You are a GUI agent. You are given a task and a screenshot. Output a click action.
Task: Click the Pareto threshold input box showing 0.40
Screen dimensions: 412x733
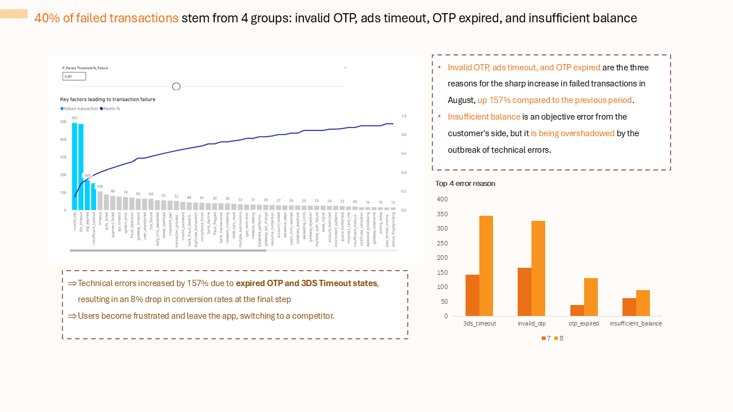pyautogui.click(x=74, y=76)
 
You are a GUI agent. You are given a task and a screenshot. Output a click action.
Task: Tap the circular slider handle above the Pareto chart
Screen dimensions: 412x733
pyautogui.click(x=176, y=86)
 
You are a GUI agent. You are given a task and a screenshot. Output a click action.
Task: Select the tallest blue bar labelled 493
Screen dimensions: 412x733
pyautogui.click(x=74, y=166)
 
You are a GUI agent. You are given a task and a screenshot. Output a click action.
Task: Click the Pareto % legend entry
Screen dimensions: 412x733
pyautogui.click(x=110, y=108)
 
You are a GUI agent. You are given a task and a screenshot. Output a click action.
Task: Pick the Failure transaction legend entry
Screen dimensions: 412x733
pyautogui.click(x=79, y=108)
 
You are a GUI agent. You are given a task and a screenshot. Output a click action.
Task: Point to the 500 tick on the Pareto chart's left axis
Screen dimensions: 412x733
pyautogui.click(x=63, y=122)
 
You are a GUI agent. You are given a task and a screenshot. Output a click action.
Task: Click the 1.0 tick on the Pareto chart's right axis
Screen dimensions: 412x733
pyautogui.click(x=404, y=116)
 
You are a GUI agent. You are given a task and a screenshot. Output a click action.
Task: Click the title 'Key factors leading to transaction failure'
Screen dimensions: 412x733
pyautogui.click(x=108, y=99)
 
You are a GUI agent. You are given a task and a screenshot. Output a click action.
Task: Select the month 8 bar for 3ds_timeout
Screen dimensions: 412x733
pyautogui.click(x=486, y=266)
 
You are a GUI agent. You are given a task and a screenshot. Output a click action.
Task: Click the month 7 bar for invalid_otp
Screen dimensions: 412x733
pyautogui.click(x=525, y=292)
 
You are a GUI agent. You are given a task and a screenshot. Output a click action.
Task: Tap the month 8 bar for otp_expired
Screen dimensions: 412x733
pyautogui.click(x=591, y=297)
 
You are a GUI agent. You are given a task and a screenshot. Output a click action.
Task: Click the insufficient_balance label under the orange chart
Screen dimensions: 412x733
pyautogui.click(x=636, y=323)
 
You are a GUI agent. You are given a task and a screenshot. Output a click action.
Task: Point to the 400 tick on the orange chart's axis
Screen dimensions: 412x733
pyautogui.click(x=442, y=199)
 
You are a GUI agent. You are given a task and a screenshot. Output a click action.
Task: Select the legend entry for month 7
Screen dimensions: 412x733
pyautogui.click(x=546, y=338)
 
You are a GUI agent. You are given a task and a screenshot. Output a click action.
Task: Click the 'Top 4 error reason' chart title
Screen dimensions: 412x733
pyautogui.click(x=465, y=184)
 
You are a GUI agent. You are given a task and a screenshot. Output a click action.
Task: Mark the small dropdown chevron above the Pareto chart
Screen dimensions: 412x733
pyautogui.click(x=345, y=68)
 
